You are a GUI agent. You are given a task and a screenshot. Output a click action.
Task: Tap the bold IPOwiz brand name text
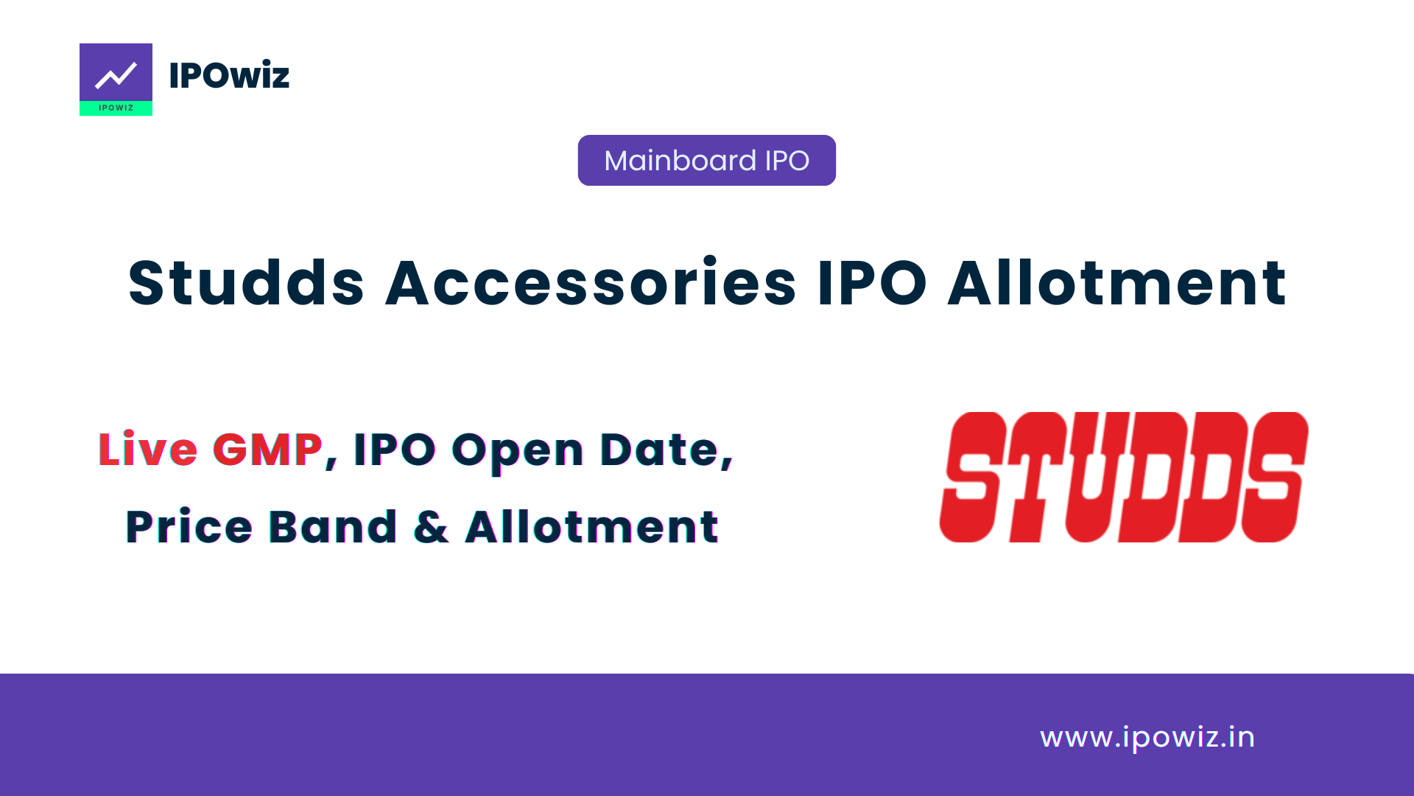pyautogui.click(x=229, y=75)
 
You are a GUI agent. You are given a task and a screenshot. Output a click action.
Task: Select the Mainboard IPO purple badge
pyautogui.click(x=706, y=160)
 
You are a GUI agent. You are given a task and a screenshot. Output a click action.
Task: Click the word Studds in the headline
pyautogui.click(x=246, y=283)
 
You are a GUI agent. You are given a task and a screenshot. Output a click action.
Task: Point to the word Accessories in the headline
pyautogui.click(x=591, y=283)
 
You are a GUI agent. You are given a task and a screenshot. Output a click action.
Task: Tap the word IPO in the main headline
pyautogui.click(x=872, y=283)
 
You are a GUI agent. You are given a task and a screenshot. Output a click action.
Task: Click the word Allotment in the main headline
pyautogui.click(x=1117, y=283)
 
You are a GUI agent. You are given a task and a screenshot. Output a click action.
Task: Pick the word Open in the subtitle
pyautogui.click(x=517, y=450)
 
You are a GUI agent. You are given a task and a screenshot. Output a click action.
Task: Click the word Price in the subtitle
pyautogui.click(x=189, y=527)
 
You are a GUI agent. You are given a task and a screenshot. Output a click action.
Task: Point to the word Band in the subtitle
pyautogui.click(x=333, y=527)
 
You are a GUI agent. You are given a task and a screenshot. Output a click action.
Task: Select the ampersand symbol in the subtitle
pyautogui.click(x=431, y=527)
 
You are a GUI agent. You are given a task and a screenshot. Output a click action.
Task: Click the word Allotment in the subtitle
pyautogui.click(x=591, y=527)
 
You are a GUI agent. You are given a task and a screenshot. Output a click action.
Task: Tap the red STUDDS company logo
pyautogui.click(x=1123, y=477)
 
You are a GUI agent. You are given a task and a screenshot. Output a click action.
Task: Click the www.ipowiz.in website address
pyautogui.click(x=1147, y=737)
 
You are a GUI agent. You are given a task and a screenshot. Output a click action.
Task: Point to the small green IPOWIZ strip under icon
pyautogui.click(x=116, y=108)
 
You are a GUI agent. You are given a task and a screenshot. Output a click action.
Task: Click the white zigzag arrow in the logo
pyautogui.click(x=116, y=74)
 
